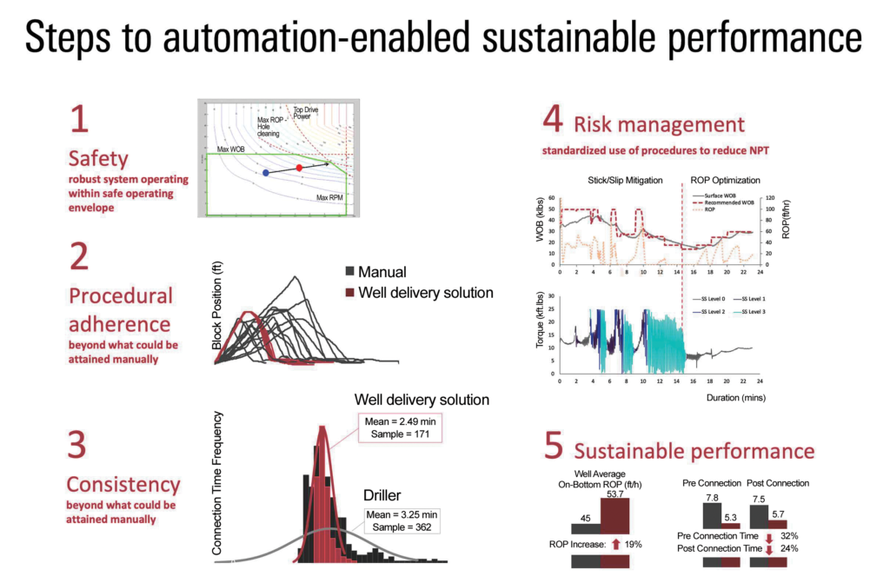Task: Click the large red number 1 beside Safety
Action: [x=79, y=120]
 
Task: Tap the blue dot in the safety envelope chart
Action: [x=265, y=173]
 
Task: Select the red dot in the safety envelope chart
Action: [x=299, y=167]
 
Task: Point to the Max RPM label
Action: [x=330, y=198]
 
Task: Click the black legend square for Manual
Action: [x=351, y=272]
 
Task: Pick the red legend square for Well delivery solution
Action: [x=351, y=293]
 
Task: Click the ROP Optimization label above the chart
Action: [x=726, y=180]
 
